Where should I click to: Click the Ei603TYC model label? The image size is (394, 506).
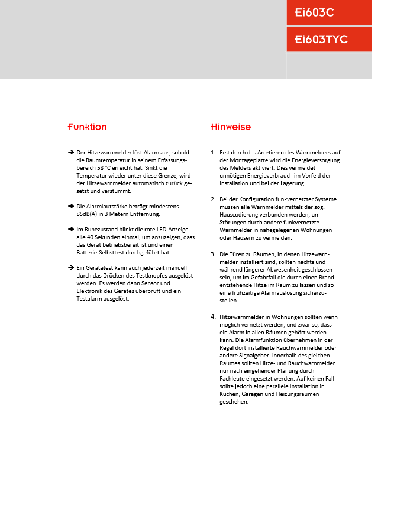coord(321,40)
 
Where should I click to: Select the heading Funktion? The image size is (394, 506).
coord(87,127)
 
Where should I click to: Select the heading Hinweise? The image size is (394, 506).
coord(231,127)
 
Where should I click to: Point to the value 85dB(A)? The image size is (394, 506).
coord(91,214)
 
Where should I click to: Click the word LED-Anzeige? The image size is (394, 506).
coord(170,229)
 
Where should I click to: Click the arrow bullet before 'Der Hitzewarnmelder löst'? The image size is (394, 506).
coord(71,152)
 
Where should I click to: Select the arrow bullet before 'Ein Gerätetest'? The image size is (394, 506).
coord(71,267)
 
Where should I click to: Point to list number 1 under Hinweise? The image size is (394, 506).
coord(213,153)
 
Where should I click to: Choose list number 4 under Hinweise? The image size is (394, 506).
coord(213,317)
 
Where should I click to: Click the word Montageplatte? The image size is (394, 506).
coord(239,160)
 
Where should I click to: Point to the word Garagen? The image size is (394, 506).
coord(249,394)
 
